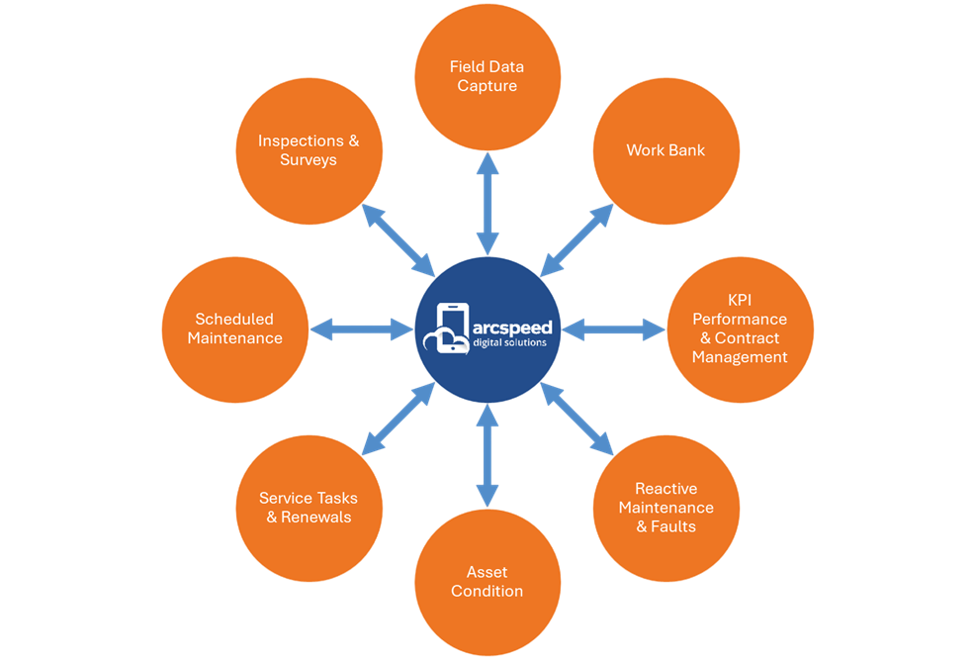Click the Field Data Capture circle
pyautogui.click(x=487, y=76)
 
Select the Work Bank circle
pyautogui.click(x=665, y=150)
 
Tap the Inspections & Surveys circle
pyautogui.click(x=309, y=150)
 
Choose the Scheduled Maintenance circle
pyautogui.click(x=235, y=329)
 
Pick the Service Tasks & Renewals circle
pyautogui.click(x=309, y=508)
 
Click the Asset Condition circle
pyautogui.click(x=487, y=582)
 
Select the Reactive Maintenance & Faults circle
pyautogui.click(x=665, y=508)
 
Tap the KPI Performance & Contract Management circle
pyautogui.click(x=740, y=329)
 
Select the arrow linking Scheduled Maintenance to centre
pyautogui.click(x=361, y=329)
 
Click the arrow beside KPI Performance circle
pyautogui.click(x=614, y=329)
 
